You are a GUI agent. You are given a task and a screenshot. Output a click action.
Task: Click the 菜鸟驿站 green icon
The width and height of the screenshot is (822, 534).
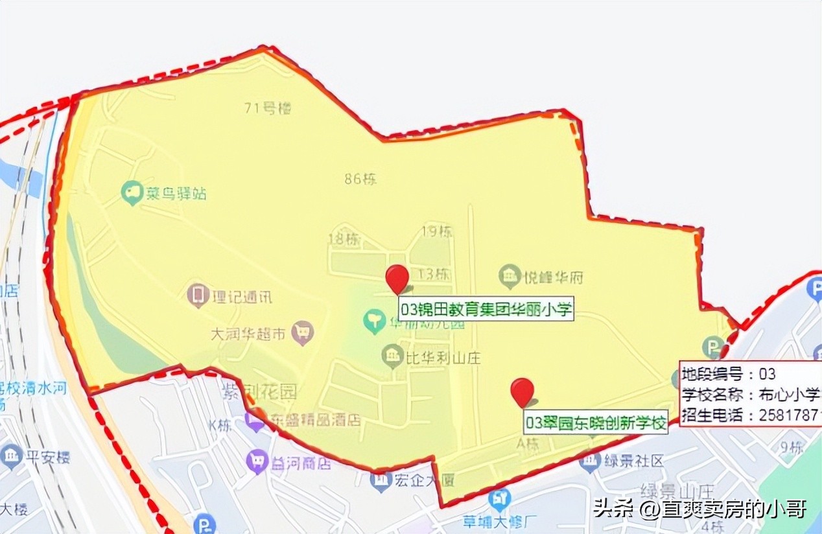[x=132, y=192]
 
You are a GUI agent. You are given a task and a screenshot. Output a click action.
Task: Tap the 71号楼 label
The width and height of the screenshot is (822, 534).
[x=268, y=108]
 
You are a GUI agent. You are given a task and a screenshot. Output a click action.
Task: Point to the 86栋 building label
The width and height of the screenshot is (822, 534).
[x=360, y=179]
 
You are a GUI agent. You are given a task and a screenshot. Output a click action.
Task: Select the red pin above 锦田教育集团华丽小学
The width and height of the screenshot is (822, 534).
[x=397, y=278]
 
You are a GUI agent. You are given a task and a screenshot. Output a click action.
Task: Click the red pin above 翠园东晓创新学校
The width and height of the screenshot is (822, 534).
[x=522, y=391]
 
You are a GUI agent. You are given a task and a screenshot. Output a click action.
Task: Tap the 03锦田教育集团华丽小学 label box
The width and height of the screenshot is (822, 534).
[x=486, y=308]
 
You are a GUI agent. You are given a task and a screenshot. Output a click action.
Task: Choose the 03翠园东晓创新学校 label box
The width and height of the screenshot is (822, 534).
[x=596, y=424]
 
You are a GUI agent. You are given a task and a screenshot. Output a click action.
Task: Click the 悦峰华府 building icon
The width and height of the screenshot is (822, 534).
[x=510, y=277]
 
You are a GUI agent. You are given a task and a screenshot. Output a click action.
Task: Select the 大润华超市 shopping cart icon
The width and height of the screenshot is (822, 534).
[x=302, y=333]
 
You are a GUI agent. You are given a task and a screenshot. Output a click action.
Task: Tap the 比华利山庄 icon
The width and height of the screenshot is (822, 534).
[x=392, y=356]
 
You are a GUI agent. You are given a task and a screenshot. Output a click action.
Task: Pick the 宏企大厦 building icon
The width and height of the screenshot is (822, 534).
[x=381, y=480]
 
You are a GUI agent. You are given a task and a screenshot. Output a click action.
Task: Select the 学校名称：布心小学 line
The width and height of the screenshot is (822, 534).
[x=751, y=395]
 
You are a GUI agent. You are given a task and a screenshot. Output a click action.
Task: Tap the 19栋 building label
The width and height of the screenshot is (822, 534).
[x=437, y=231]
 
